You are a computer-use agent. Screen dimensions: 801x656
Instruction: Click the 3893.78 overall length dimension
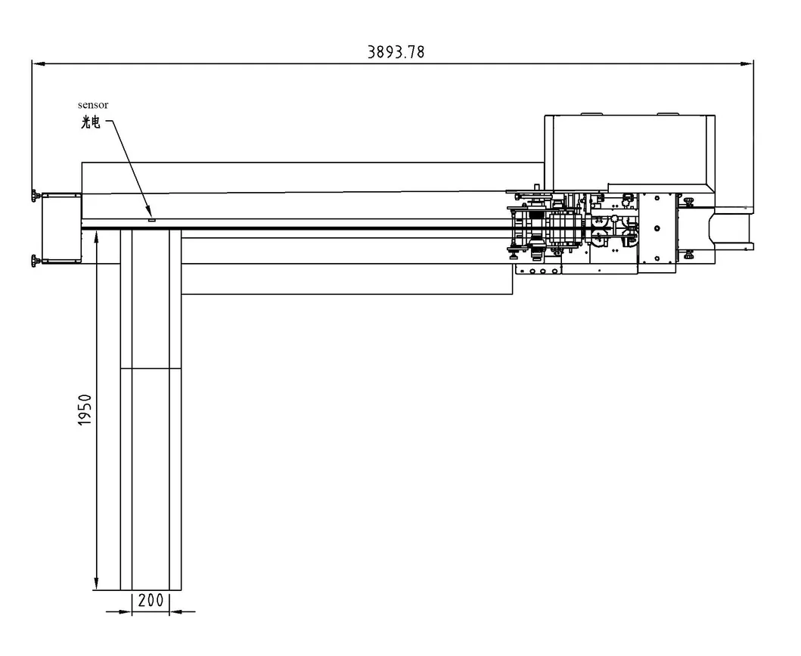396,52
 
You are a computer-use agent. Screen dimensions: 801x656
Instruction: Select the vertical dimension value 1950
85,410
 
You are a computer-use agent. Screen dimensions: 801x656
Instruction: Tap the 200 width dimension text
151,600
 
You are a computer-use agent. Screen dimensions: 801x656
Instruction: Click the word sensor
93,105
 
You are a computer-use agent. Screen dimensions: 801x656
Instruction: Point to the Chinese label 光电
91,122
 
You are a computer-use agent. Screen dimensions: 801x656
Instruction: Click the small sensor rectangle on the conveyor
151,220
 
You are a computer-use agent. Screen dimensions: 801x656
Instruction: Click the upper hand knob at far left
35,196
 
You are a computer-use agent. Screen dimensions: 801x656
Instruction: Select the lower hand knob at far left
35,261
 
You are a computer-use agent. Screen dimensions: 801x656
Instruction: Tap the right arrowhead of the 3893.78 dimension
747,63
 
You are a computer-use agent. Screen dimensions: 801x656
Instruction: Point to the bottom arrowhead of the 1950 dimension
96,583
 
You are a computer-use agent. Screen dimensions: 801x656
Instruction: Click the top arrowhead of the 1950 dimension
96,237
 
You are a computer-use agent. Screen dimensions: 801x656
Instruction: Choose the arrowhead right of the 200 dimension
175,611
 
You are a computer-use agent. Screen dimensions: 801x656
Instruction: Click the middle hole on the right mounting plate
657,228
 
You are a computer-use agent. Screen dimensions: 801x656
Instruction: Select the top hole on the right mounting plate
657,198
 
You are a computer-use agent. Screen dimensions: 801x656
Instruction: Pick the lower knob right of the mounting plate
688,254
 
